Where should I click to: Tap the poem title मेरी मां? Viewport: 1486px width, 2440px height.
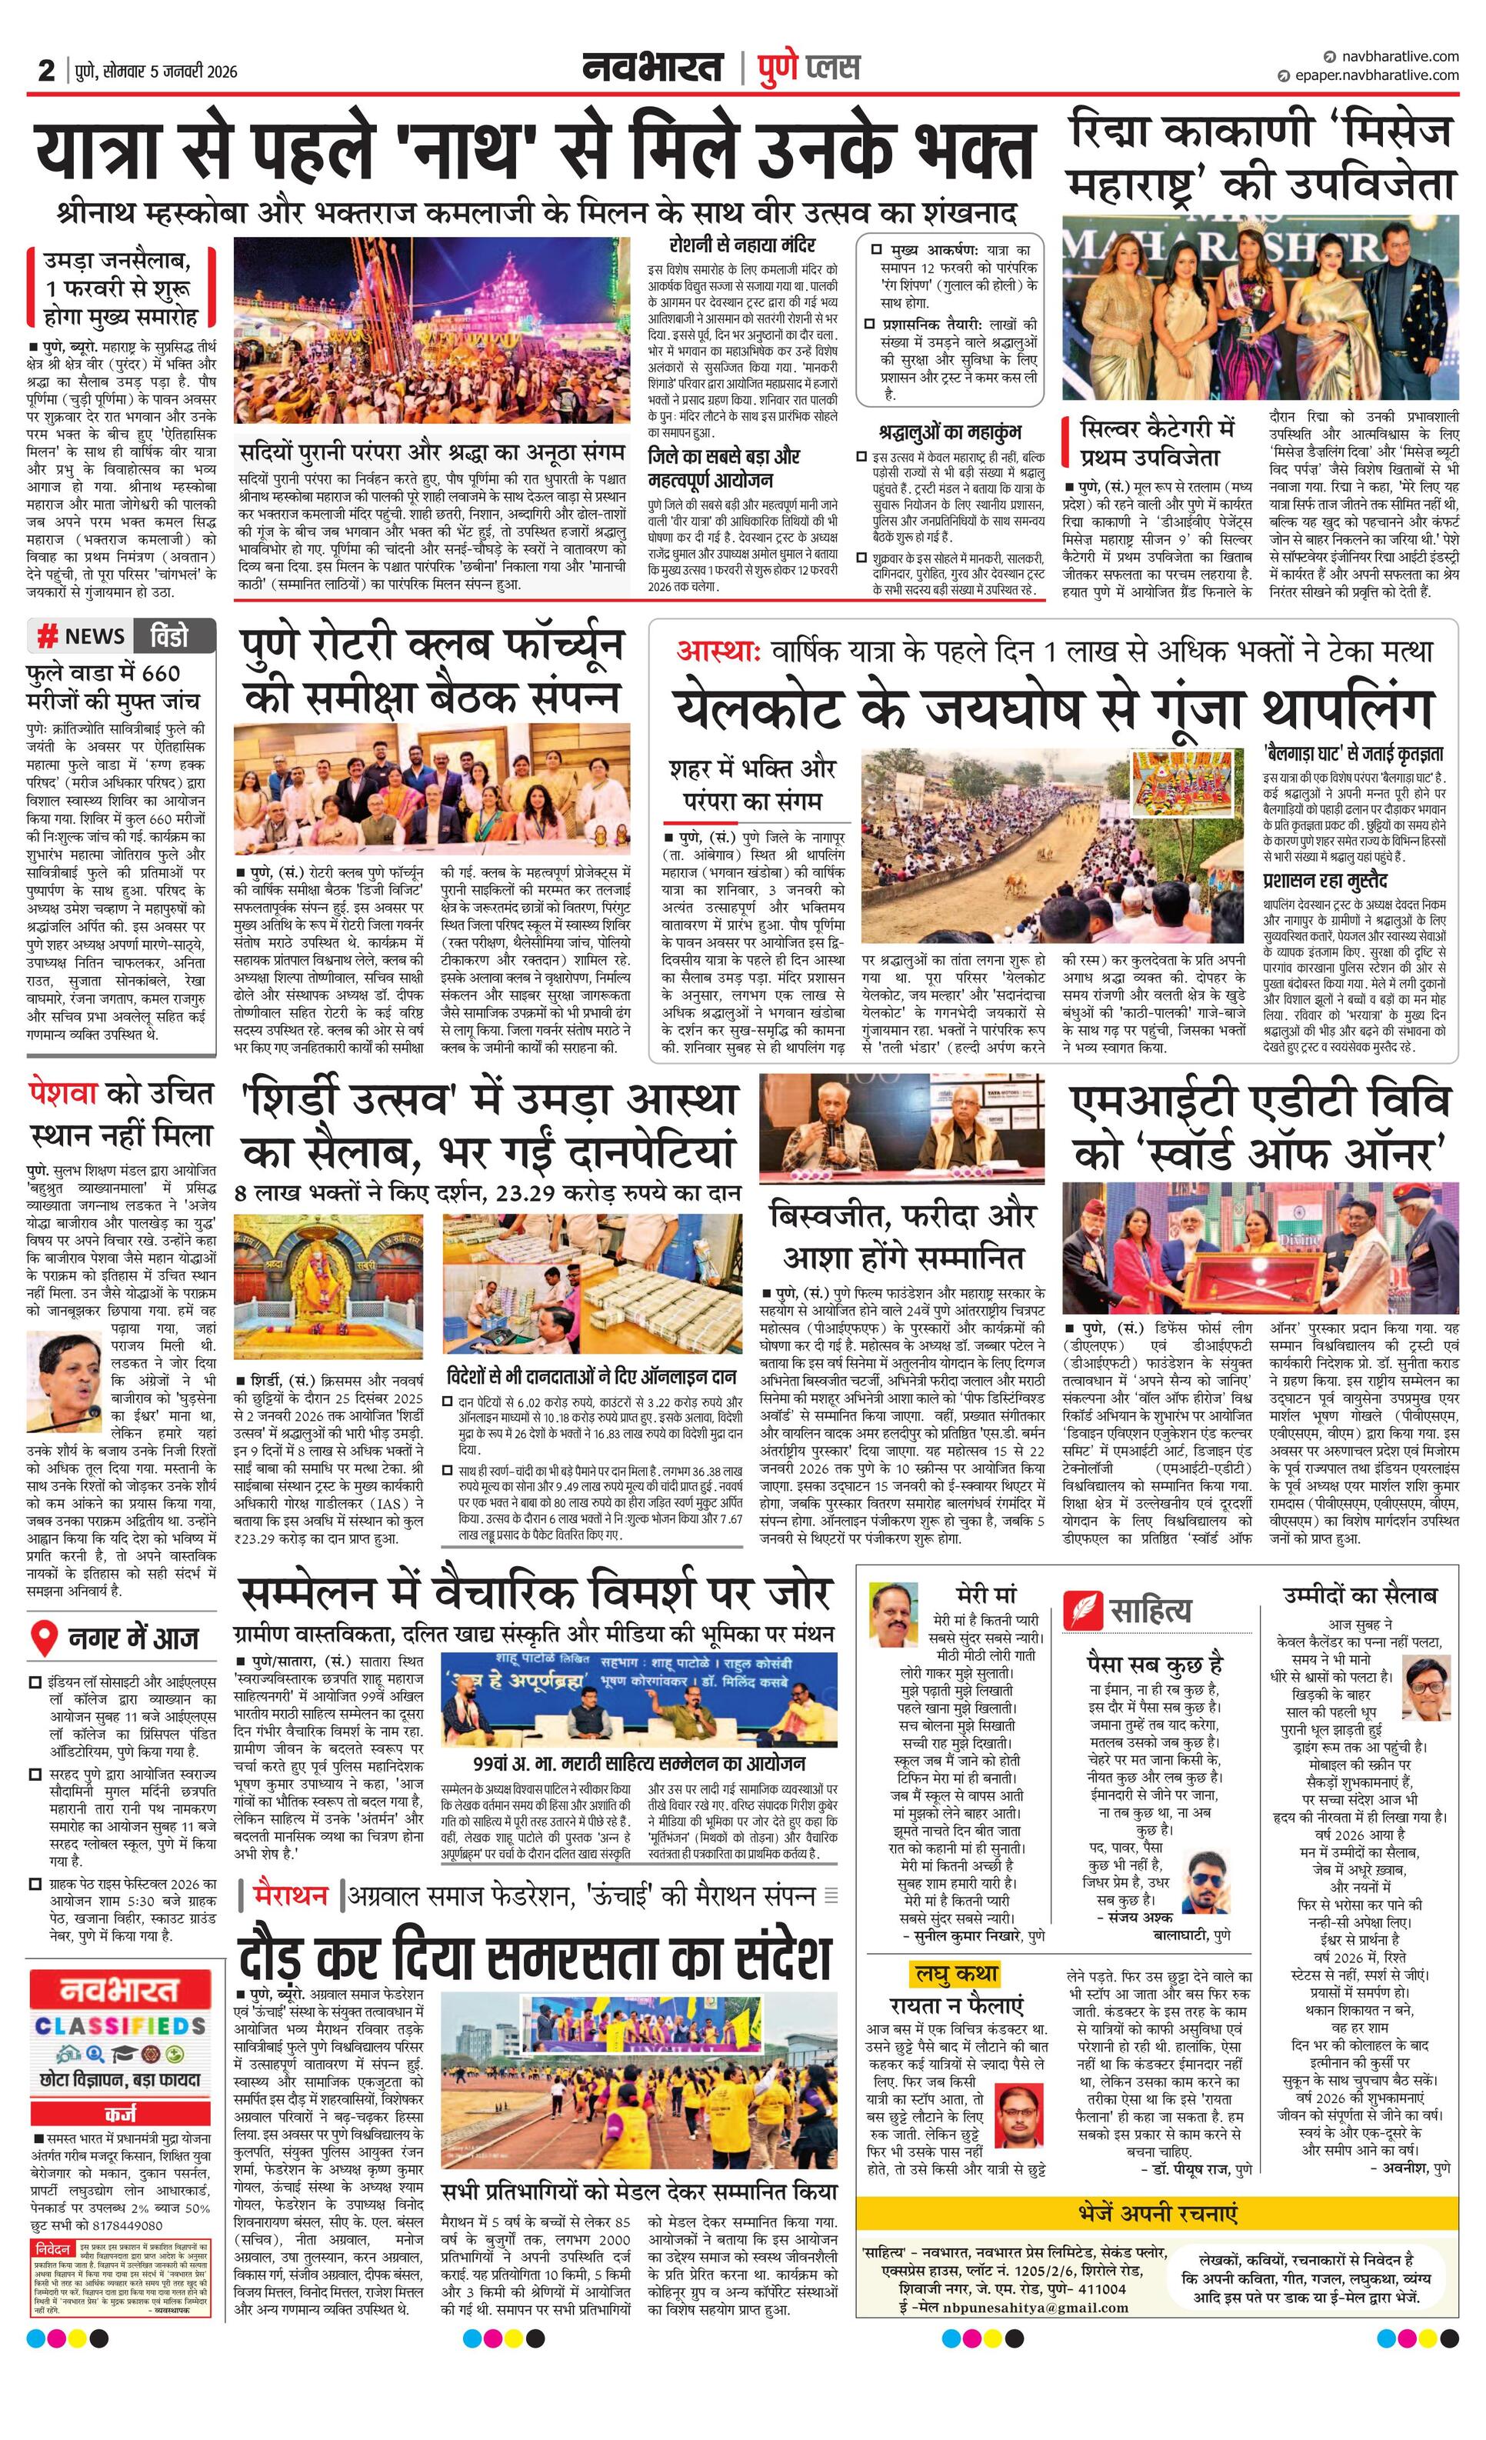986,1595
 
